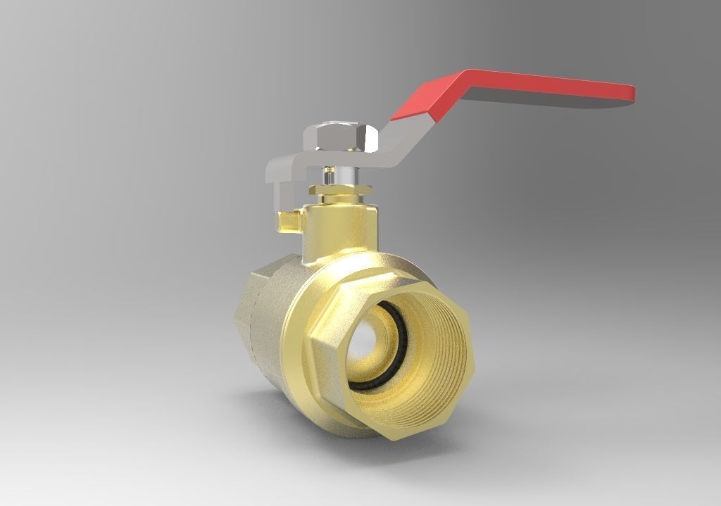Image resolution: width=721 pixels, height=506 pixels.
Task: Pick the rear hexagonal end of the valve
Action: (x=246, y=317)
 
